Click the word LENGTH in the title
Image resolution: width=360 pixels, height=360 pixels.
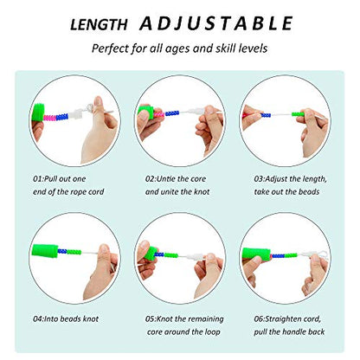[99, 25]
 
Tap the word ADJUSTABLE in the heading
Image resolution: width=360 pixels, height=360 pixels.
[216, 23]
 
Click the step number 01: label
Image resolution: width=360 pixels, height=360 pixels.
[38, 179]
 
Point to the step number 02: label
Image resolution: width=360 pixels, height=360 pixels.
[151, 179]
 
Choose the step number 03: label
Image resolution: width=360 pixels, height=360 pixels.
[260, 179]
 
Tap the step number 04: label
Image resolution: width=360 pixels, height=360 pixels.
[38, 319]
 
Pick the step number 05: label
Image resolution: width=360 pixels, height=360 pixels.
[151, 319]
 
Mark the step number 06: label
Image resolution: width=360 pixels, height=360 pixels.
[260, 319]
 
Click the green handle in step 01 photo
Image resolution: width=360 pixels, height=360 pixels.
[37, 112]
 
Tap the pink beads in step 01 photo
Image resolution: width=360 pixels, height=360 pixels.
[50, 118]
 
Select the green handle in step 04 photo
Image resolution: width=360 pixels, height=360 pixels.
[45, 250]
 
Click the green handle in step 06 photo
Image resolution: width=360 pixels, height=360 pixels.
[256, 254]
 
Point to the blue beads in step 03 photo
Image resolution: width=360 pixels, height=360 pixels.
[266, 115]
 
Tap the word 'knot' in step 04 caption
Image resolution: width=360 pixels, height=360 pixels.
[91, 319]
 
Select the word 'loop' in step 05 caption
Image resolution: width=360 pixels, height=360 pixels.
[213, 332]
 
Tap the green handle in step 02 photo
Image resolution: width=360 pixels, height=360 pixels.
[146, 111]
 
